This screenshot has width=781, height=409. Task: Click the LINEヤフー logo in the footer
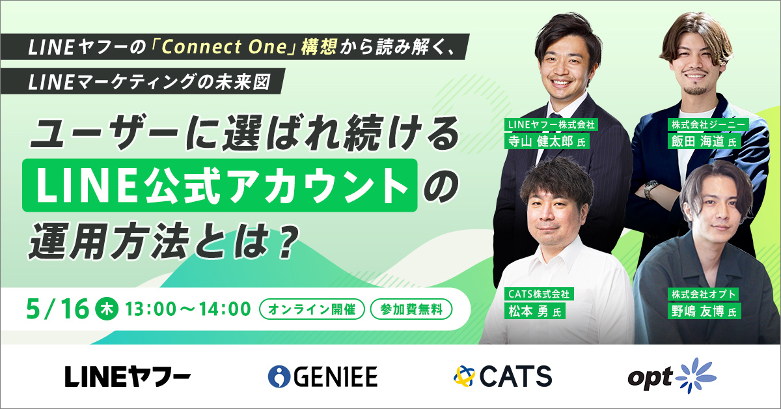128,376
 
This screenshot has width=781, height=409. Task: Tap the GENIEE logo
323,376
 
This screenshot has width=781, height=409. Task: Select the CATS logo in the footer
502,376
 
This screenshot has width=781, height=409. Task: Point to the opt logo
672,376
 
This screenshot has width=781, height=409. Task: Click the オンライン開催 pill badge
312,309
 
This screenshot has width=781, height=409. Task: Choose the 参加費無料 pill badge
411,309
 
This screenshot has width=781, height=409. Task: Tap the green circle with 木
107,309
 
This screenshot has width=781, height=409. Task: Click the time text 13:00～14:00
188,309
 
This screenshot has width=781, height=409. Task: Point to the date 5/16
57,309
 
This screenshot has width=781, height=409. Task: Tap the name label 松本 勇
534,311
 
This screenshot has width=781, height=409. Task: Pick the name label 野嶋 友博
704,311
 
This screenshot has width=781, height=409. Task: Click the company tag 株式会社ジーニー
708,124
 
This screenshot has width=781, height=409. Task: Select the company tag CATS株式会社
539,294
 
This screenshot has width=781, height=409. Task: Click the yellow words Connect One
224,47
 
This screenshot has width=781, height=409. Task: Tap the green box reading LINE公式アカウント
220,186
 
